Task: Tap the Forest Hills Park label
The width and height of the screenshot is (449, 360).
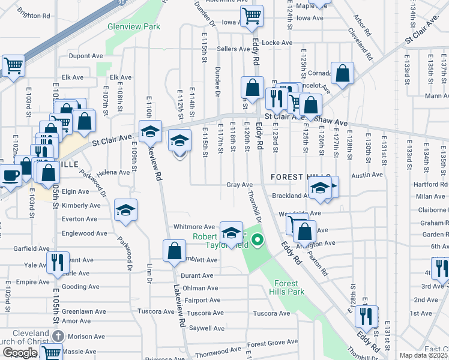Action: point(289,287)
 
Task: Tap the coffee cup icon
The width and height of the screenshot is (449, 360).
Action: point(10,176)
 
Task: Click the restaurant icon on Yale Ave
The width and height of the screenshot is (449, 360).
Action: point(58,263)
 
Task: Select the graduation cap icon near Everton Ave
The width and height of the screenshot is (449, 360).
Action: point(125,211)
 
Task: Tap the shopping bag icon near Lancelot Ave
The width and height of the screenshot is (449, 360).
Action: point(342,74)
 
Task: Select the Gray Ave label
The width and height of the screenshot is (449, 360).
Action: point(239,185)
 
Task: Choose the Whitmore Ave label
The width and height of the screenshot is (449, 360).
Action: point(194,227)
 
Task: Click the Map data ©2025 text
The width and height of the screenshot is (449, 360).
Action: point(424,355)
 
